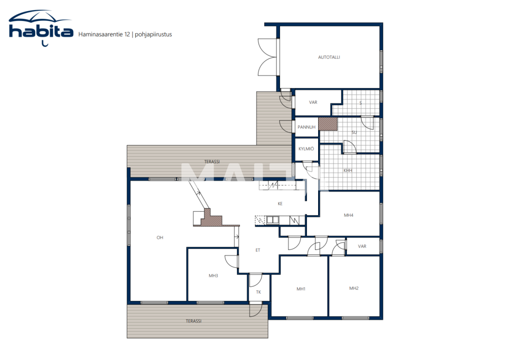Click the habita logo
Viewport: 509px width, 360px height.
[41, 28]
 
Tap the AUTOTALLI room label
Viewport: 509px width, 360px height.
[329, 57]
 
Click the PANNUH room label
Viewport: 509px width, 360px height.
[306, 127]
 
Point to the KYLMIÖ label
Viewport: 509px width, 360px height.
[306, 149]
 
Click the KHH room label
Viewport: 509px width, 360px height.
[348, 171]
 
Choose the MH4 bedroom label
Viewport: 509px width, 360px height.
[348, 215]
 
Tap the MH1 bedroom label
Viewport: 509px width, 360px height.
[301, 289]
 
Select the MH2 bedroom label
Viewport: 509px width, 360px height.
[354, 288]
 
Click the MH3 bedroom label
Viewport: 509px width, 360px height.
[213, 275]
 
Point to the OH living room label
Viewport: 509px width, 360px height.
[160, 238]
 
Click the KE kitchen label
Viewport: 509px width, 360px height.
[280, 204]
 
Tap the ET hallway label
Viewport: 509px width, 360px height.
[258, 250]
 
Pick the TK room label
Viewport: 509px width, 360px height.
[258, 292]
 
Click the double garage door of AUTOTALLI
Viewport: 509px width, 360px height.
[267, 57]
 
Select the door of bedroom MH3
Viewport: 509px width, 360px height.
[231, 261]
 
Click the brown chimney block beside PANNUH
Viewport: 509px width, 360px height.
[328, 124]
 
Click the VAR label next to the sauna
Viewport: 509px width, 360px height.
[313, 103]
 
